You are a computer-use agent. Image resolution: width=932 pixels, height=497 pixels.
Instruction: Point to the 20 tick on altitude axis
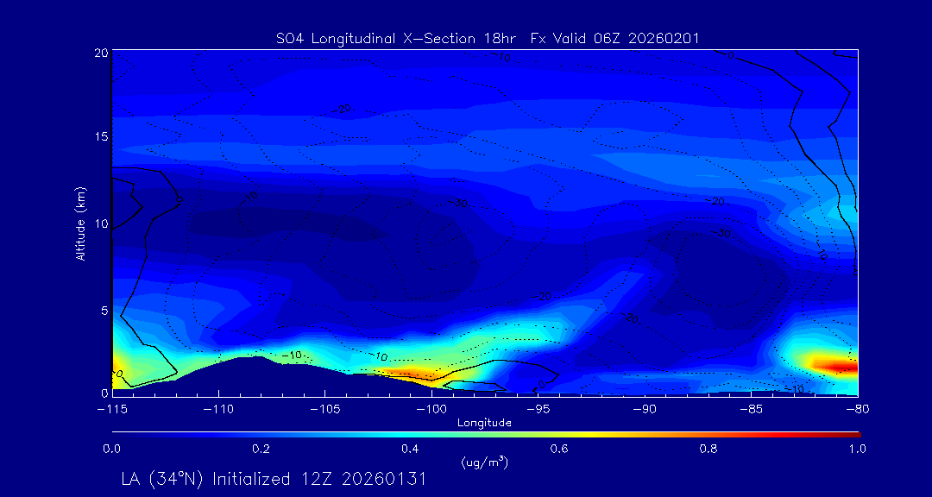(100, 53)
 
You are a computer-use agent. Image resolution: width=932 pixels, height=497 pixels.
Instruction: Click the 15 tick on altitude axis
(100, 137)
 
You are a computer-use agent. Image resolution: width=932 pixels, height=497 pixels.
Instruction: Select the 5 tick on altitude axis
(104, 308)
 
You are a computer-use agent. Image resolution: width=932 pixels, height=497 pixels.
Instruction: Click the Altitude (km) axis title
(80, 223)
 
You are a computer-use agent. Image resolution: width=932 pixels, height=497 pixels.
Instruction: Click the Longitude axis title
(484, 422)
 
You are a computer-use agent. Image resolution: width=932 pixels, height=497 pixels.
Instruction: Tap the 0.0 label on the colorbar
(112, 449)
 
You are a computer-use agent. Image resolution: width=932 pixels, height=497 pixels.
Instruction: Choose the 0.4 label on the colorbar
(410, 449)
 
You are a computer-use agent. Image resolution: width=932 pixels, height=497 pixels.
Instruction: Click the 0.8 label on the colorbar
(709, 449)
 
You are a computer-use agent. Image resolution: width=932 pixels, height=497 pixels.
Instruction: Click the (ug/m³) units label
(484, 462)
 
